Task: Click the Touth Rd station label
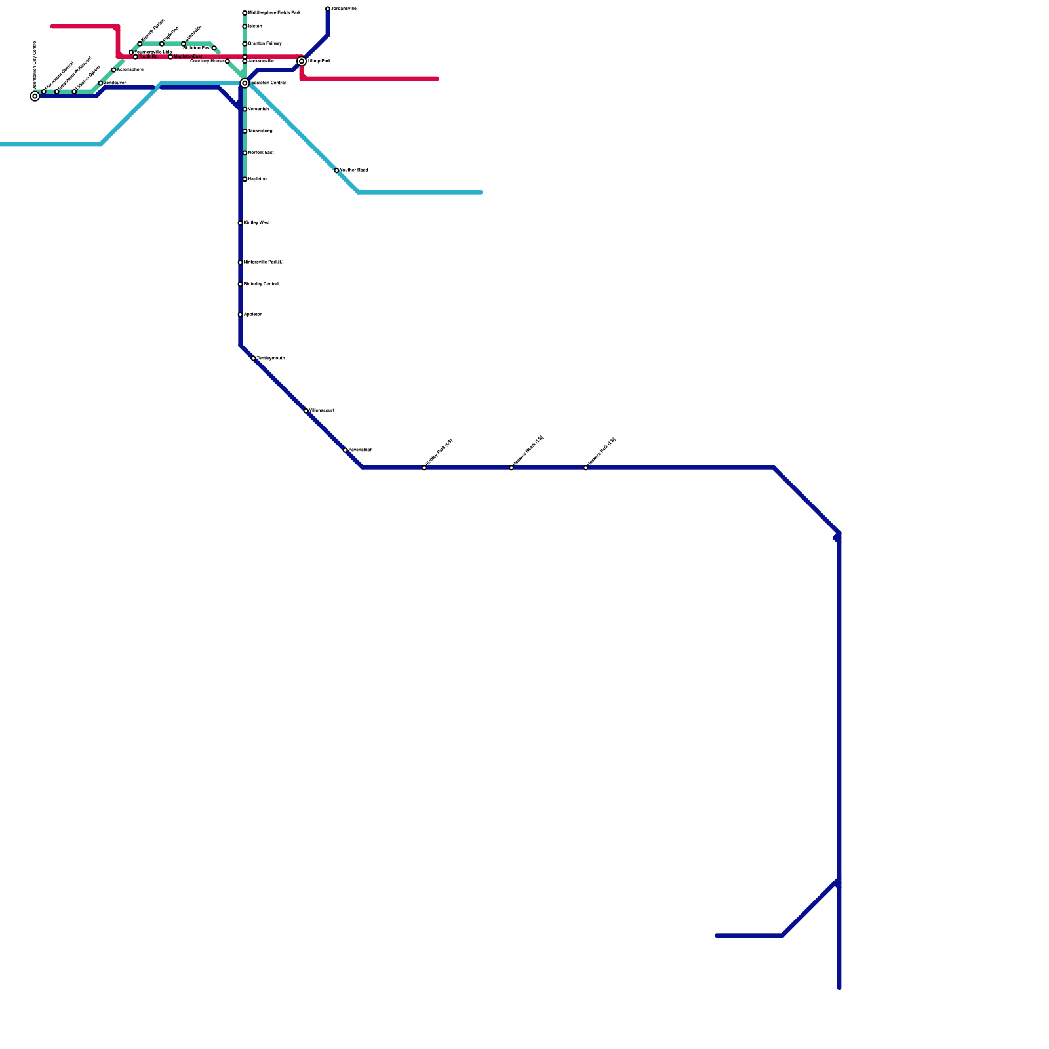click(x=148, y=57)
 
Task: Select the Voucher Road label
click(x=354, y=170)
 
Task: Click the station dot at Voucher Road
click(x=336, y=170)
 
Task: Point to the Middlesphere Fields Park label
click(x=274, y=13)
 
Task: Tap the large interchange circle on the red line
click(x=302, y=62)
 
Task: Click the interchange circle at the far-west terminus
click(x=35, y=96)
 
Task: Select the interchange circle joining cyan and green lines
click(x=245, y=83)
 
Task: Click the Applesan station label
click(x=253, y=315)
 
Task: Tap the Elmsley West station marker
click(x=241, y=223)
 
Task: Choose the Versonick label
click(x=258, y=109)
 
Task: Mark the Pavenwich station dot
click(x=346, y=450)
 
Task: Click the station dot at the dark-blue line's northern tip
click(x=328, y=9)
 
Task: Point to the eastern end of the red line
click(x=437, y=79)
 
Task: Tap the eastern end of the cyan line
click(x=481, y=193)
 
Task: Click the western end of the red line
click(x=52, y=27)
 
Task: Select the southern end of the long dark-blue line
click(x=839, y=987)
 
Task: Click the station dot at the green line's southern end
click(x=245, y=180)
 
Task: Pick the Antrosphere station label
click(x=130, y=70)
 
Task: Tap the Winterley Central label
click(x=261, y=285)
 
